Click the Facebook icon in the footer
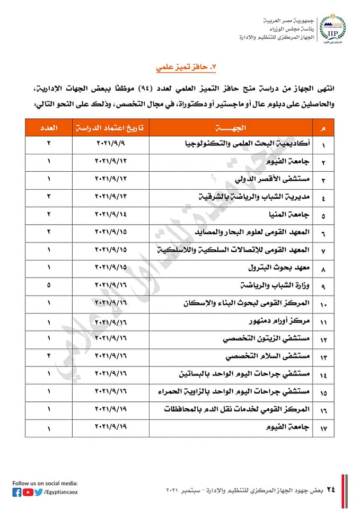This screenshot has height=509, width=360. [17, 492]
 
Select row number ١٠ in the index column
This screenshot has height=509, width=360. [323, 304]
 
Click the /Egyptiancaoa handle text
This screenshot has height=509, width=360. [62, 493]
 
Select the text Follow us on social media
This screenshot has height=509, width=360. [45, 483]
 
